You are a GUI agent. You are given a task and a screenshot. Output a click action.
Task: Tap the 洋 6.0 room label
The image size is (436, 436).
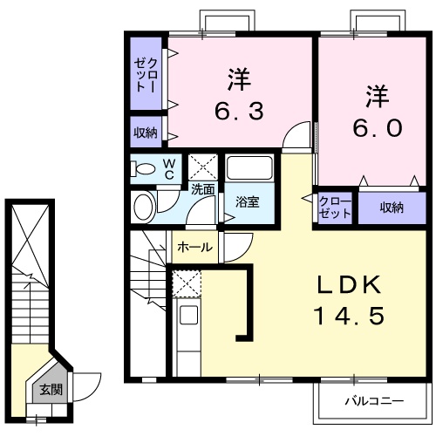pyautogui.click(x=376, y=110)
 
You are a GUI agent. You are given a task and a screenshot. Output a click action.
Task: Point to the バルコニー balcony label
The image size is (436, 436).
pyautogui.click(x=372, y=403)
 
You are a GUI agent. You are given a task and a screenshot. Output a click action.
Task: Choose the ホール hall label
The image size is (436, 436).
pyautogui.click(x=194, y=248)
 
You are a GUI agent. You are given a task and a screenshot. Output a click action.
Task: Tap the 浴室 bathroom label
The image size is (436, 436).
pyautogui.click(x=248, y=202)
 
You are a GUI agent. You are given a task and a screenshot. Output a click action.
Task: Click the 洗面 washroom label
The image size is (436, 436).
pyautogui.click(x=202, y=187)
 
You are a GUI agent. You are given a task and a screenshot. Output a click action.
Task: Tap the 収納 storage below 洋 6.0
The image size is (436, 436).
pyautogui.click(x=391, y=208)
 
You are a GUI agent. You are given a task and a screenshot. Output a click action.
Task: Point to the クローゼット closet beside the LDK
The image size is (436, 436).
pyautogui.click(x=335, y=208)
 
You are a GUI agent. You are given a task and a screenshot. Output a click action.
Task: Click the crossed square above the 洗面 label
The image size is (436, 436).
pyautogui.click(x=203, y=167)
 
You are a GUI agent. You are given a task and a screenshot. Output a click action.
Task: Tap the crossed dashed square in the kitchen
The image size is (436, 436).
pyautogui.click(x=186, y=284)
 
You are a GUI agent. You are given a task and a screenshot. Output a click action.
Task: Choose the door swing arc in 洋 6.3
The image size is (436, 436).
pyautogui.click(x=300, y=138)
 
